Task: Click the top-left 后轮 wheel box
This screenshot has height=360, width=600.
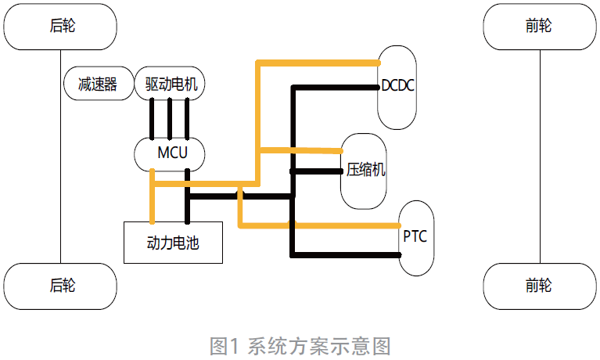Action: (61, 26)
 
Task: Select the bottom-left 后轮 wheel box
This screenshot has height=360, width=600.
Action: (61, 286)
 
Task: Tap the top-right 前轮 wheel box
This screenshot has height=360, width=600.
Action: (539, 26)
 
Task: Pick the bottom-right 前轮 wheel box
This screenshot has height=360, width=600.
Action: (539, 286)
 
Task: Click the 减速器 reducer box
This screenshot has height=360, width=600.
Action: (97, 84)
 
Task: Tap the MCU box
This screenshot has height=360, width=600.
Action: (171, 153)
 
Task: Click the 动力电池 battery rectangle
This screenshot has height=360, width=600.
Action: (173, 243)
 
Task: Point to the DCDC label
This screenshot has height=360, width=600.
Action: (397, 85)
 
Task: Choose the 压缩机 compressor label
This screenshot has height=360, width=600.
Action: (365, 170)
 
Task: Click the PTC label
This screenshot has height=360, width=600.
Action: (415, 236)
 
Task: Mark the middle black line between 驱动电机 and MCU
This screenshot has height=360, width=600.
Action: (170, 118)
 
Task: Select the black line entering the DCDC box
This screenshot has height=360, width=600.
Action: (336, 87)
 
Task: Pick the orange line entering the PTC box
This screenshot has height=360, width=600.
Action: (344, 225)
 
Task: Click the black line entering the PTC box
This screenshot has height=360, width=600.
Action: (344, 254)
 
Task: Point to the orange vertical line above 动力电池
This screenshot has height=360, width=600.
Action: (153, 203)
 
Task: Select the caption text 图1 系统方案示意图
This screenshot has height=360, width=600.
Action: (300, 345)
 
